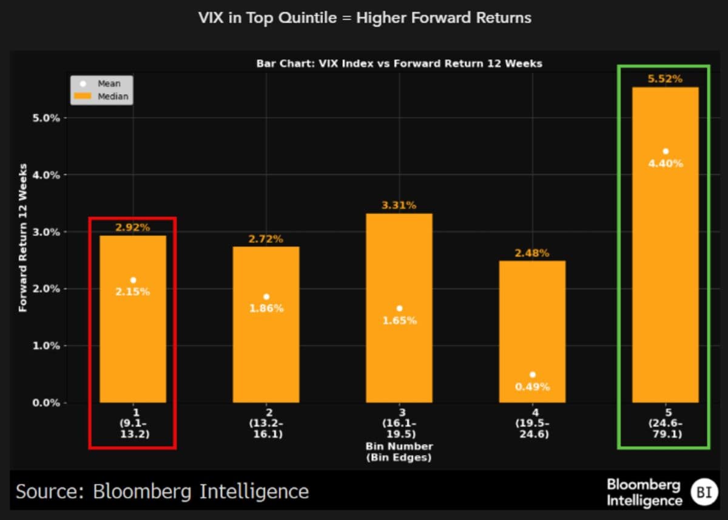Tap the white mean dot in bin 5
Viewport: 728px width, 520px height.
[666, 151]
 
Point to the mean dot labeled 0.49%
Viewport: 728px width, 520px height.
[532, 375]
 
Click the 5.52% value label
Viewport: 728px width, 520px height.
[666, 79]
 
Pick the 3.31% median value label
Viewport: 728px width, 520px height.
[399, 205]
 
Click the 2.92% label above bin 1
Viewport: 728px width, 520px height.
[133, 228]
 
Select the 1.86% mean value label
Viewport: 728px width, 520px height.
[266, 308]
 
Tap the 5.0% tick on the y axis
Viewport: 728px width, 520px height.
[47, 118]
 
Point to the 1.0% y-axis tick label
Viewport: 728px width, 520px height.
[47, 346]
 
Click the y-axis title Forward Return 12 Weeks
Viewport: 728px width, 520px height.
[23, 238]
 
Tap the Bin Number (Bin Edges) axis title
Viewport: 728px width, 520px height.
[399, 452]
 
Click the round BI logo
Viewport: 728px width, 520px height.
[704, 492]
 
